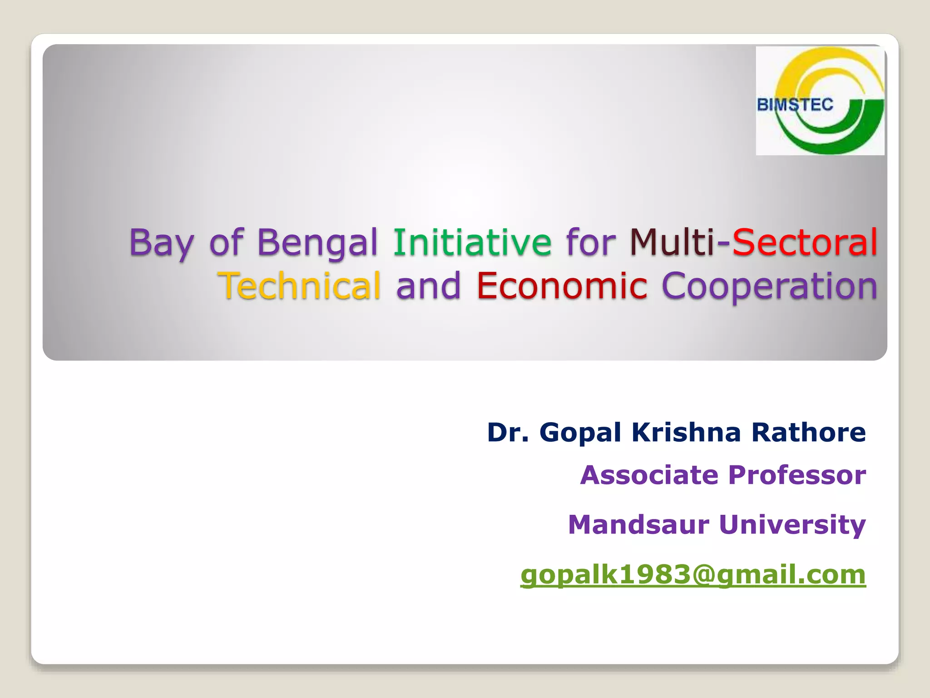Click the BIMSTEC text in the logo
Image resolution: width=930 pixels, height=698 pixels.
(795, 105)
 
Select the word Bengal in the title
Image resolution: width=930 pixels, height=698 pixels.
(317, 243)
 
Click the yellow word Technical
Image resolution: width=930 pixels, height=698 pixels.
(299, 286)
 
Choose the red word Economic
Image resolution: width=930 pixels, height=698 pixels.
(562, 286)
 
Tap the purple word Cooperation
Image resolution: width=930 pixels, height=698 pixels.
(769, 287)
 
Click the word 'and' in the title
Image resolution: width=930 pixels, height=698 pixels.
(428, 286)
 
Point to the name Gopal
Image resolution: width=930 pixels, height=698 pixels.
(580, 433)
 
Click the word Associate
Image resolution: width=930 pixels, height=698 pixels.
(649, 475)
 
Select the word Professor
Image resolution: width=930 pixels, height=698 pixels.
(797, 475)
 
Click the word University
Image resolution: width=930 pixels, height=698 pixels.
(792, 525)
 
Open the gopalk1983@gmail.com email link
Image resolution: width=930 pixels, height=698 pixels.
(693, 575)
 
